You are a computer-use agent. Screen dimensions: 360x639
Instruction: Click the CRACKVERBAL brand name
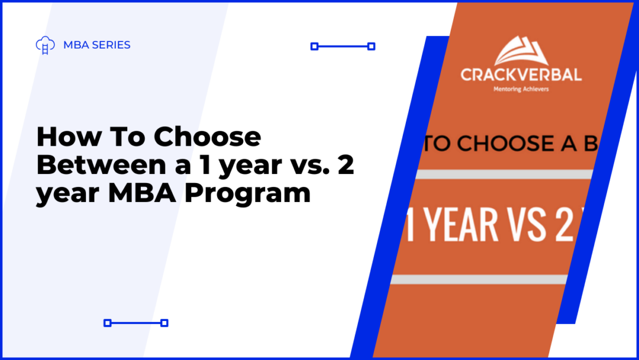coord(521,75)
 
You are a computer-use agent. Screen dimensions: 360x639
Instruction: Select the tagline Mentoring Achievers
coord(521,89)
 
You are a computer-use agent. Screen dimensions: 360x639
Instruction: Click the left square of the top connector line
coord(314,46)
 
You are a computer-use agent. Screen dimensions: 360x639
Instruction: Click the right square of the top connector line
coord(372,46)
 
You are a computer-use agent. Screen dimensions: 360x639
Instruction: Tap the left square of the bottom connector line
coord(107,323)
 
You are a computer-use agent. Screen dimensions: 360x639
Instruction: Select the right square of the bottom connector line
coord(164,323)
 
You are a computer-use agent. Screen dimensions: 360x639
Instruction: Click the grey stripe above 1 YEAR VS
coord(503,175)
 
